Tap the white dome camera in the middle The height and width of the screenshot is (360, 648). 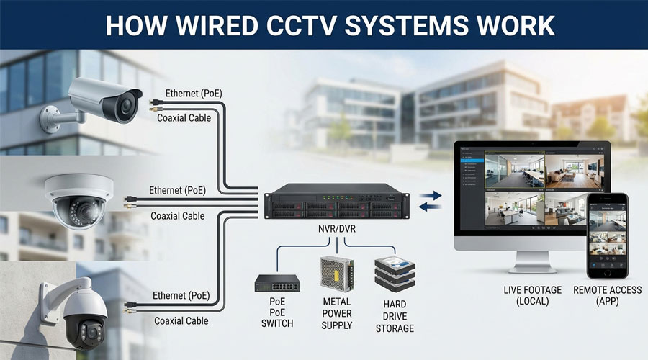point(79,199)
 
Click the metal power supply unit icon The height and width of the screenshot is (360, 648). point(336,274)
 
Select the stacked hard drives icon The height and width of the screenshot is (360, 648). point(395,275)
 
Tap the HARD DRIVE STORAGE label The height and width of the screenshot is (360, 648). point(395,317)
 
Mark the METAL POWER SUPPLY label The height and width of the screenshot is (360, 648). point(336,313)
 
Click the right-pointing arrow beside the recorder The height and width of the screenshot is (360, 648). point(430,195)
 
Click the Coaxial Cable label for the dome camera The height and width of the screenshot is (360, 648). point(177,215)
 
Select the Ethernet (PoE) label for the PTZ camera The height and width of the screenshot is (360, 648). point(180,296)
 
